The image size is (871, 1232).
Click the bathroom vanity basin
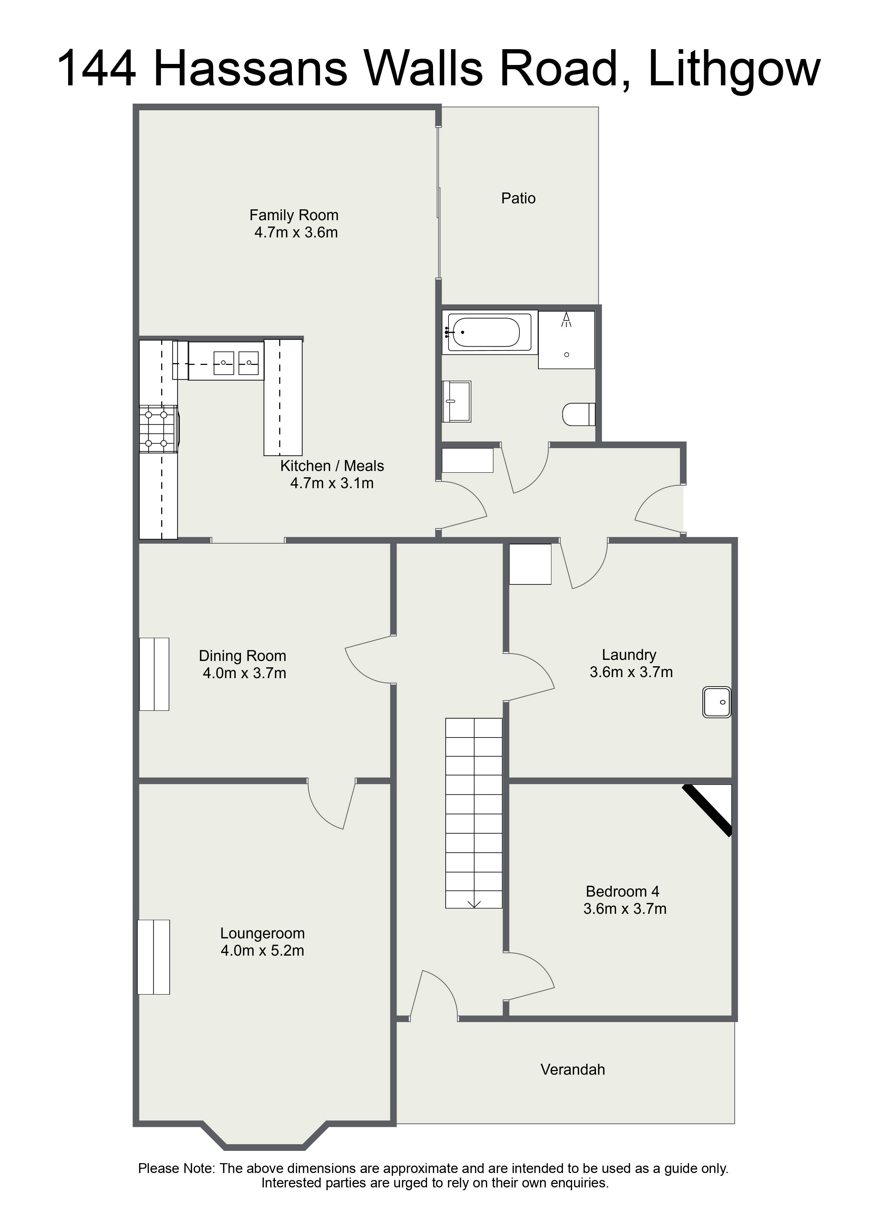pos(456,401)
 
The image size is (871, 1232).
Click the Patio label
pos(518,198)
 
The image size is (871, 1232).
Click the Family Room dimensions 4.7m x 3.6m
pos(296,232)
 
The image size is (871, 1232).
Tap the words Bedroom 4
pos(623,891)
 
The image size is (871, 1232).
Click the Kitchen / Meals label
pos(332,466)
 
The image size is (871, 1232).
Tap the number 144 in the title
pos(96,69)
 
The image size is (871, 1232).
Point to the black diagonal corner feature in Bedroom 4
pos(707,810)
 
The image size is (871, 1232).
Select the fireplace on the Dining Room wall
pos(155,674)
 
